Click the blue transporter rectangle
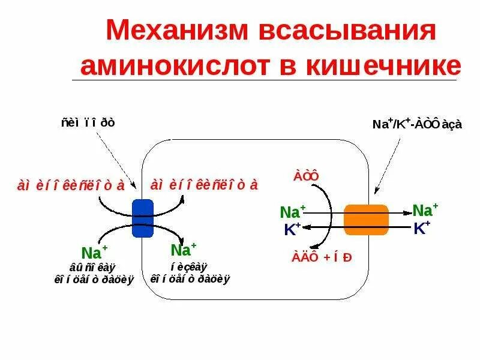click(143, 218)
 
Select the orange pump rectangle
click(365, 220)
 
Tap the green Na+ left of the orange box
click(293, 212)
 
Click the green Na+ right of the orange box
click(425, 210)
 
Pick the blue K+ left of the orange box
click(293, 229)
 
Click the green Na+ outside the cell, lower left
click(94, 251)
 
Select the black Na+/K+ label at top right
click(417, 124)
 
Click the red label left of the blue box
click(71, 185)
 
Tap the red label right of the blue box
click(204, 185)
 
